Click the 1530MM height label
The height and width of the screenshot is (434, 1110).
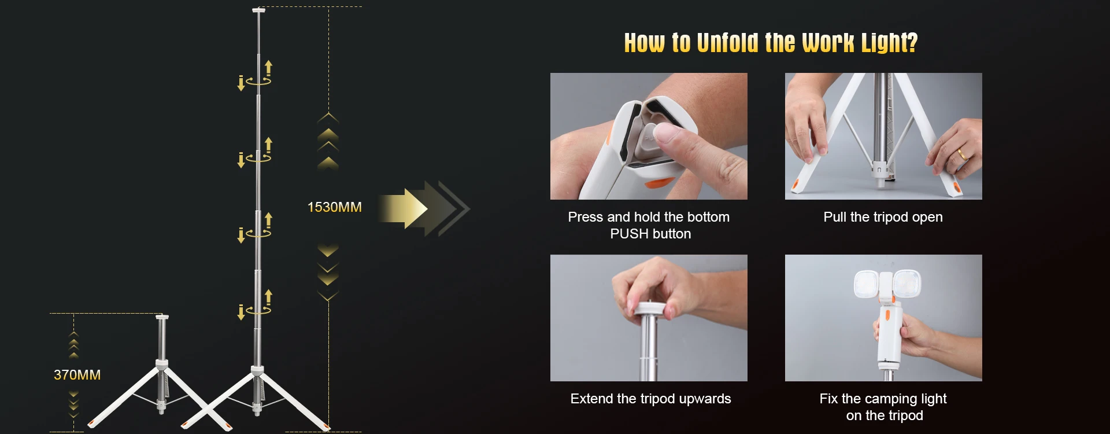(x=334, y=207)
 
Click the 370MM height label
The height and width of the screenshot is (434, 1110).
(x=77, y=375)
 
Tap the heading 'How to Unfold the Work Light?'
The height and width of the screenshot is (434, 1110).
(x=771, y=43)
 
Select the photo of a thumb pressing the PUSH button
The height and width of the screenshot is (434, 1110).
(x=649, y=136)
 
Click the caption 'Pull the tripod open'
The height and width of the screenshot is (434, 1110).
(x=883, y=217)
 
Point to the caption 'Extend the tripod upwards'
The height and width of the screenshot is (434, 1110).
(x=650, y=399)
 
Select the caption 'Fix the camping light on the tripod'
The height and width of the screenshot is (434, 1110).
(x=883, y=407)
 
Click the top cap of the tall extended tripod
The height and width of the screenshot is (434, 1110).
(x=258, y=10)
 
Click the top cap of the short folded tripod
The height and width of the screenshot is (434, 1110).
(x=162, y=317)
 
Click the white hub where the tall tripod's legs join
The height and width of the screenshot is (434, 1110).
(x=257, y=370)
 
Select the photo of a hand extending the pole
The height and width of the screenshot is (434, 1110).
(x=649, y=318)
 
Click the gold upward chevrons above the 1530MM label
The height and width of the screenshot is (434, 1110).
(x=328, y=141)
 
